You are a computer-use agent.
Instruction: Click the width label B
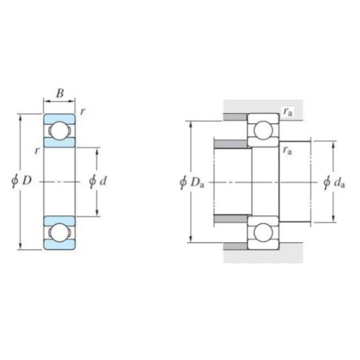[x=60, y=94]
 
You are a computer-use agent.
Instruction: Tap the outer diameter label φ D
[x=22, y=181]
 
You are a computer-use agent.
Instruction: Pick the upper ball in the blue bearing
[x=59, y=130]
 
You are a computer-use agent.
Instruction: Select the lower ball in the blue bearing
[x=59, y=233]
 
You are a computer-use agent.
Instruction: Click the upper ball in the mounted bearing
[x=263, y=130]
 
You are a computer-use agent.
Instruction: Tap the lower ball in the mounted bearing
[x=263, y=233]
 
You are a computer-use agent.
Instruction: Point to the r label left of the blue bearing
[x=37, y=151]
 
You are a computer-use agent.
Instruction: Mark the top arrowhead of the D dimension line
[x=20, y=117]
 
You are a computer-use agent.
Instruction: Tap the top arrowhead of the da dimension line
[x=333, y=144]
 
